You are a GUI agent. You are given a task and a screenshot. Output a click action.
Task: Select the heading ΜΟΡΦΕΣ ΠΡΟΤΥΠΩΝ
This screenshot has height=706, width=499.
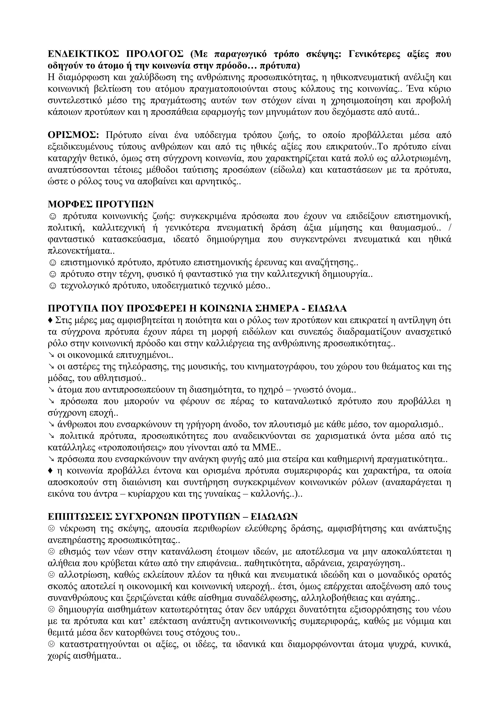coord(101,204)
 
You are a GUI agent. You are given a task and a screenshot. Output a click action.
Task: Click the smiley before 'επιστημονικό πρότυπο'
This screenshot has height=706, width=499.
coord(53,263)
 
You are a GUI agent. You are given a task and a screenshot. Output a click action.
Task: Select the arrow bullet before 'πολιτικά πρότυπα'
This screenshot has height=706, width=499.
coord(51,436)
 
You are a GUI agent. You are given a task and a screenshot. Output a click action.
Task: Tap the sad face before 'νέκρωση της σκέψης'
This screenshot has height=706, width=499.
coord(51,529)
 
